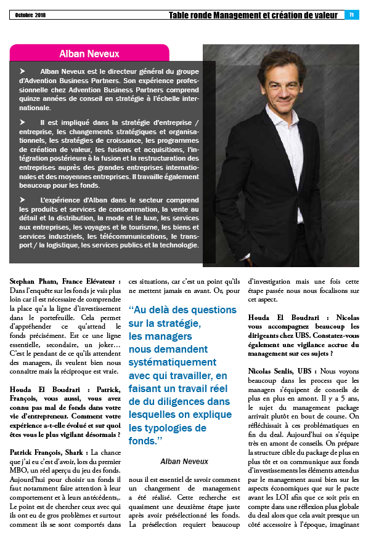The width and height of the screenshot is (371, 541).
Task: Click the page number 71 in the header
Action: pos(351,15)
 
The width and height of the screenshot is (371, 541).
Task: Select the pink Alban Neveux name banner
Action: pos(90,53)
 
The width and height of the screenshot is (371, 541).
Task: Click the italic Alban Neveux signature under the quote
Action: pos(184,461)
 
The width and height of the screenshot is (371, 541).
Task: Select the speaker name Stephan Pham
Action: pos(35,281)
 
